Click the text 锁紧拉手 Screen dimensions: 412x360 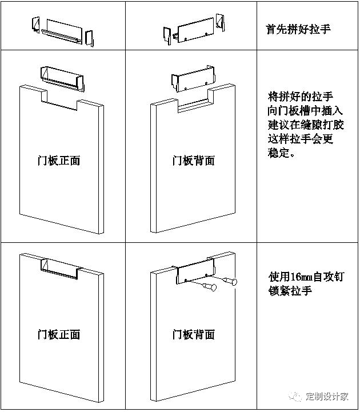[x=291, y=291]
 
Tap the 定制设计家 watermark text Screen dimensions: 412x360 [x=327, y=397]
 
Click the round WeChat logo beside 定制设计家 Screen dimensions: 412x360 [x=295, y=397]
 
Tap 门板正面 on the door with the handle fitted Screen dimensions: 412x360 [x=59, y=334]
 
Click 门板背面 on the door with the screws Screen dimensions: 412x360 [x=194, y=334]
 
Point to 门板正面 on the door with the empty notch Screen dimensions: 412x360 [x=59, y=161]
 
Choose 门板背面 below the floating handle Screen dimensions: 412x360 [x=194, y=161]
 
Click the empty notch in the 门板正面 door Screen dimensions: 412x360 [x=60, y=98]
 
